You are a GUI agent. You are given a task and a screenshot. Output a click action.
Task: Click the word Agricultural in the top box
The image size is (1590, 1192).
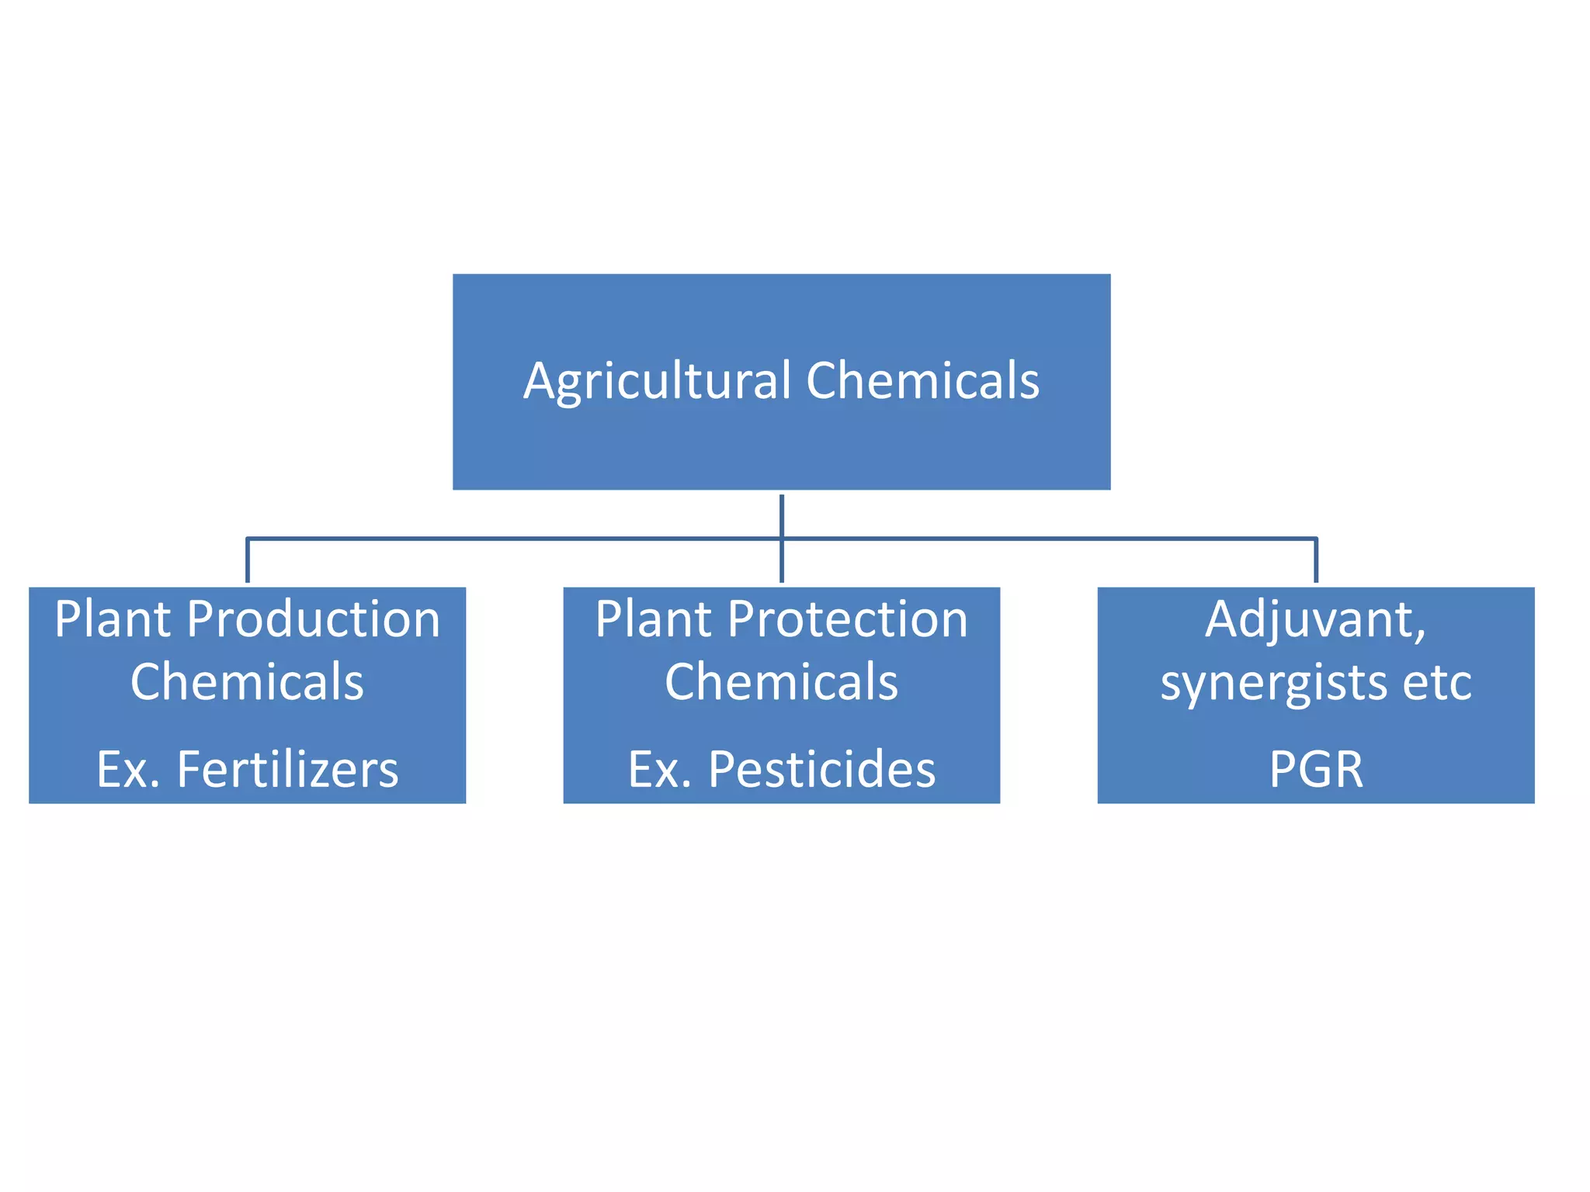point(657,381)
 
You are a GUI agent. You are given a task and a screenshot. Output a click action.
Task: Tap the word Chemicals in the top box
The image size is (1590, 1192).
point(922,381)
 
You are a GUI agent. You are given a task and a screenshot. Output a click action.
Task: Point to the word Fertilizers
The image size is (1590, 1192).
point(287,769)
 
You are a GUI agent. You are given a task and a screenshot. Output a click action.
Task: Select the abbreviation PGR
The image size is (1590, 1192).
point(1316,769)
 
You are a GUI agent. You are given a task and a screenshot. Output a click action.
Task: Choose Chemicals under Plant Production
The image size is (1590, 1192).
point(247,682)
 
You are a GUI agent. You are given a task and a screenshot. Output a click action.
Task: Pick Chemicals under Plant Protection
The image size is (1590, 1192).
point(781,682)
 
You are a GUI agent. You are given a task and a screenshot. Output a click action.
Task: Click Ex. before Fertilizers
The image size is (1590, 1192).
point(128,769)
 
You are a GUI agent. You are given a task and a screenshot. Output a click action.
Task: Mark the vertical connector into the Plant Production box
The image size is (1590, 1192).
point(248,560)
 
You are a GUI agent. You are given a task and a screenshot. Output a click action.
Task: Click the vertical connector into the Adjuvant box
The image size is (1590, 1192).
point(1316,560)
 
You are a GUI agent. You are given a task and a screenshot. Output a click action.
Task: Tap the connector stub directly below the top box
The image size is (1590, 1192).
point(782,514)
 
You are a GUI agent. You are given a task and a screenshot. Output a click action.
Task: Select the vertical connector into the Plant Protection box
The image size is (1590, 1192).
point(782,562)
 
